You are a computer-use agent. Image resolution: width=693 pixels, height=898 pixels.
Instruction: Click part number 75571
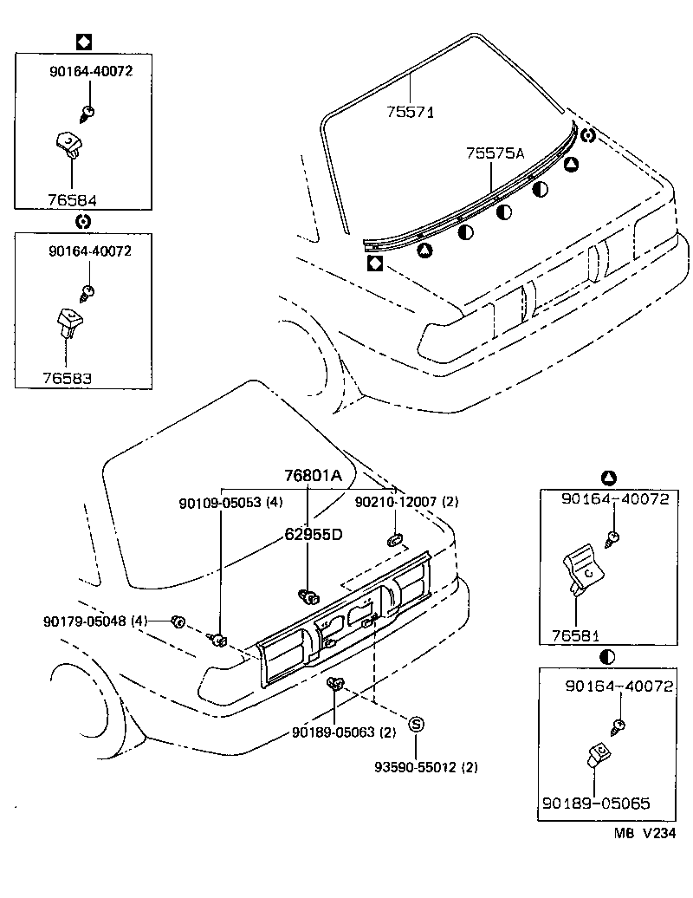tap(410, 112)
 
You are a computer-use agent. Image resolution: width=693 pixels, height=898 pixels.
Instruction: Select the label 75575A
tap(495, 153)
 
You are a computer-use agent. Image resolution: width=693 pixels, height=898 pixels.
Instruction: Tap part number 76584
tap(72, 199)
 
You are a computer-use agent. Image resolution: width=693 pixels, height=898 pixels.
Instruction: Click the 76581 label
tap(576, 634)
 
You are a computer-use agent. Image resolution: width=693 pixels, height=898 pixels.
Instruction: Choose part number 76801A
tap(314, 476)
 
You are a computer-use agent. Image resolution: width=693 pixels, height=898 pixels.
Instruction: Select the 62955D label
tap(314, 533)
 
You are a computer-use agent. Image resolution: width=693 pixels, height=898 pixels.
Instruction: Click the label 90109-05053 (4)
tap(230, 502)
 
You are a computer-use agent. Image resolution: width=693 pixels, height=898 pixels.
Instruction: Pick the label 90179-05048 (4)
tap(95, 621)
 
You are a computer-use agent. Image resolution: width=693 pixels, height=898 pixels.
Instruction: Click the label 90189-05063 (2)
tap(344, 732)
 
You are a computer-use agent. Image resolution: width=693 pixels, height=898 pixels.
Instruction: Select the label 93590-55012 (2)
tap(425, 767)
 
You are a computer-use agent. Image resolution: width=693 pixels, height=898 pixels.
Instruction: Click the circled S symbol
tap(416, 725)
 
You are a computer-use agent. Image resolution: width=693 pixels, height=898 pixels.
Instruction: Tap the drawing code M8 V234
tap(644, 833)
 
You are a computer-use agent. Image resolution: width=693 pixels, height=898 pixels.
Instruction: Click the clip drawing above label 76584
tap(68, 143)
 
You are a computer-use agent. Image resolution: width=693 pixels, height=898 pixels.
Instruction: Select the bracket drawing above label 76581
tap(579, 569)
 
